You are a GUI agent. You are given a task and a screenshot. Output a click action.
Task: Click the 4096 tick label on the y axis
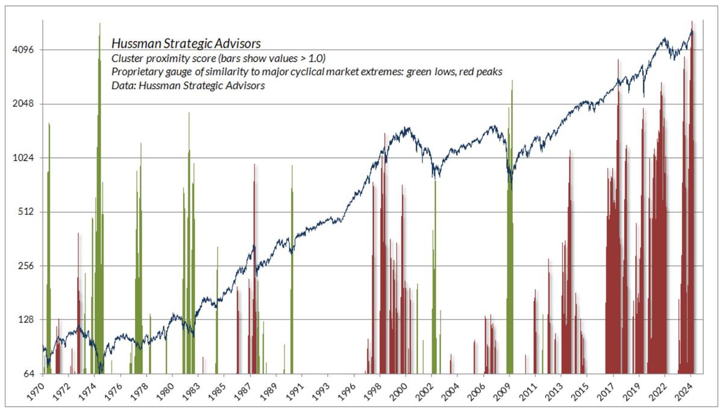[x=25, y=50]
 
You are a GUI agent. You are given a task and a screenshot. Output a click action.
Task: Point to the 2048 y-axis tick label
[x=25, y=104]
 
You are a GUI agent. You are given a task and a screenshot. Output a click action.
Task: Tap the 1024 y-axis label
[x=25, y=158]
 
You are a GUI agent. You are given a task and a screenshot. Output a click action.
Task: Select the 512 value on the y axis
[x=28, y=212]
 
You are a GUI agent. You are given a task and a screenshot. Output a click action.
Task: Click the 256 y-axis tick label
[x=28, y=266]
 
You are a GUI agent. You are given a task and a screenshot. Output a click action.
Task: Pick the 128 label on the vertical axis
[x=28, y=320]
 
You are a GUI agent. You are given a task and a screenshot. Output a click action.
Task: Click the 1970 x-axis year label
[x=37, y=392]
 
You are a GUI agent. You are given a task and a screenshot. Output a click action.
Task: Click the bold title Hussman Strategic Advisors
[x=186, y=44]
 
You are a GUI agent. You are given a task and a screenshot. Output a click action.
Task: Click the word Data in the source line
[x=122, y=86]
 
